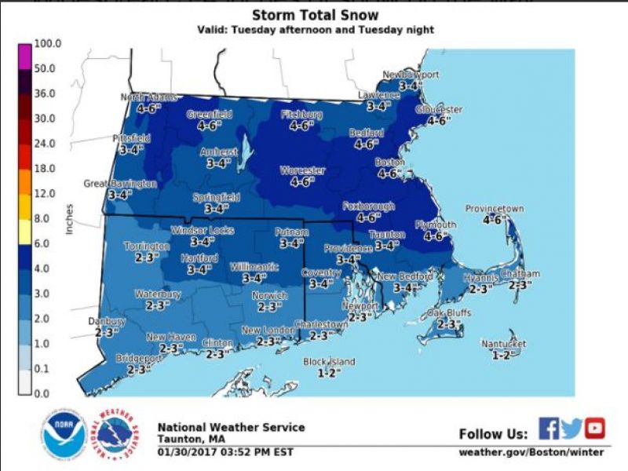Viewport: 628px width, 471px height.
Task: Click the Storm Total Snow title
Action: pyautogui.click(x=314, y=15)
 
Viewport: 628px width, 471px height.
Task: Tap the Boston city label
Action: pyautogui.click(x=389, y=162)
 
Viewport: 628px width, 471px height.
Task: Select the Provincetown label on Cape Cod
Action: pyautogui.click(x=494, y=209)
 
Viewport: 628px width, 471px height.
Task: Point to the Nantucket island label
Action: pyautogui.click(x=504, y=344)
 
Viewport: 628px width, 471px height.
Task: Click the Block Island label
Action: pyautogui.click(x=329, y=362)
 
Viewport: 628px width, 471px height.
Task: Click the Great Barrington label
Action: pyautogui.click(x=120, y=184)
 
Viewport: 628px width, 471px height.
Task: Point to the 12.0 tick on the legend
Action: pyautogui.click(x=45, y=193)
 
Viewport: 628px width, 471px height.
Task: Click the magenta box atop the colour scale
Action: pyautogui.click(x=24, y=55)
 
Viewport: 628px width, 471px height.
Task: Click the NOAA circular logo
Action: pyautogui.click(x=64, y=433)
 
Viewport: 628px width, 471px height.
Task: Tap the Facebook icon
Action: pyautogui.click(x=549, y=428)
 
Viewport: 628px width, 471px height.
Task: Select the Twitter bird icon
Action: pyautogui.click(x=571, y=428)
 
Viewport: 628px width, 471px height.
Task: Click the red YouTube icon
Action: pyautogui.click(x=595, y=428)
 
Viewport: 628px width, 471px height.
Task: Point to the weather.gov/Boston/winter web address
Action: pyautogui.click(x=531, y=451)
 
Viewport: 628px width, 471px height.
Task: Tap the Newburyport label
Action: pyautogui.click(x=411, y=75)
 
